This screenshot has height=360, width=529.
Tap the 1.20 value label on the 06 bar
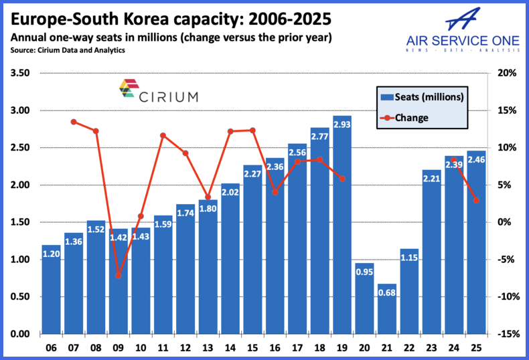51,254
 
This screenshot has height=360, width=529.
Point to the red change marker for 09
119,275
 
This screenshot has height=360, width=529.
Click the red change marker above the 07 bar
74,122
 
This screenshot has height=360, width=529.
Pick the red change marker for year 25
476,200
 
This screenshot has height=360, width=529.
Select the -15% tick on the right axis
508,334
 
